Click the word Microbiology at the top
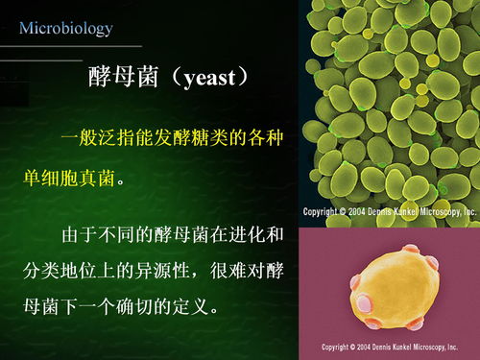[x=65, y=28]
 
